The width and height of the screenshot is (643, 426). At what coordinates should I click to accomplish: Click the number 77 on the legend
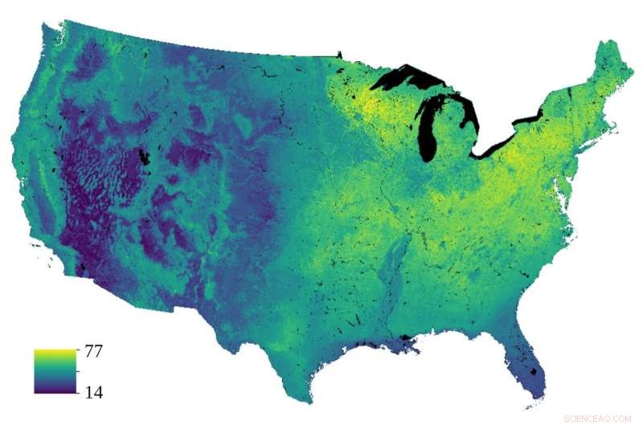click(x=92, y=352)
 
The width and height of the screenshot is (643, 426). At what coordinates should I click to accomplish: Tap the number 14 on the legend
click(x=92, y=392)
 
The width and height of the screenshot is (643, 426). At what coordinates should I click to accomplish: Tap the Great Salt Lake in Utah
click(x=145, y=156)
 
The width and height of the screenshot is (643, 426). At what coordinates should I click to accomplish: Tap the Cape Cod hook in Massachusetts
click(x=615, y=126)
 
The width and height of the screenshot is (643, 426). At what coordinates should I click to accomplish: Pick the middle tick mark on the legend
click(x=76, y=371)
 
